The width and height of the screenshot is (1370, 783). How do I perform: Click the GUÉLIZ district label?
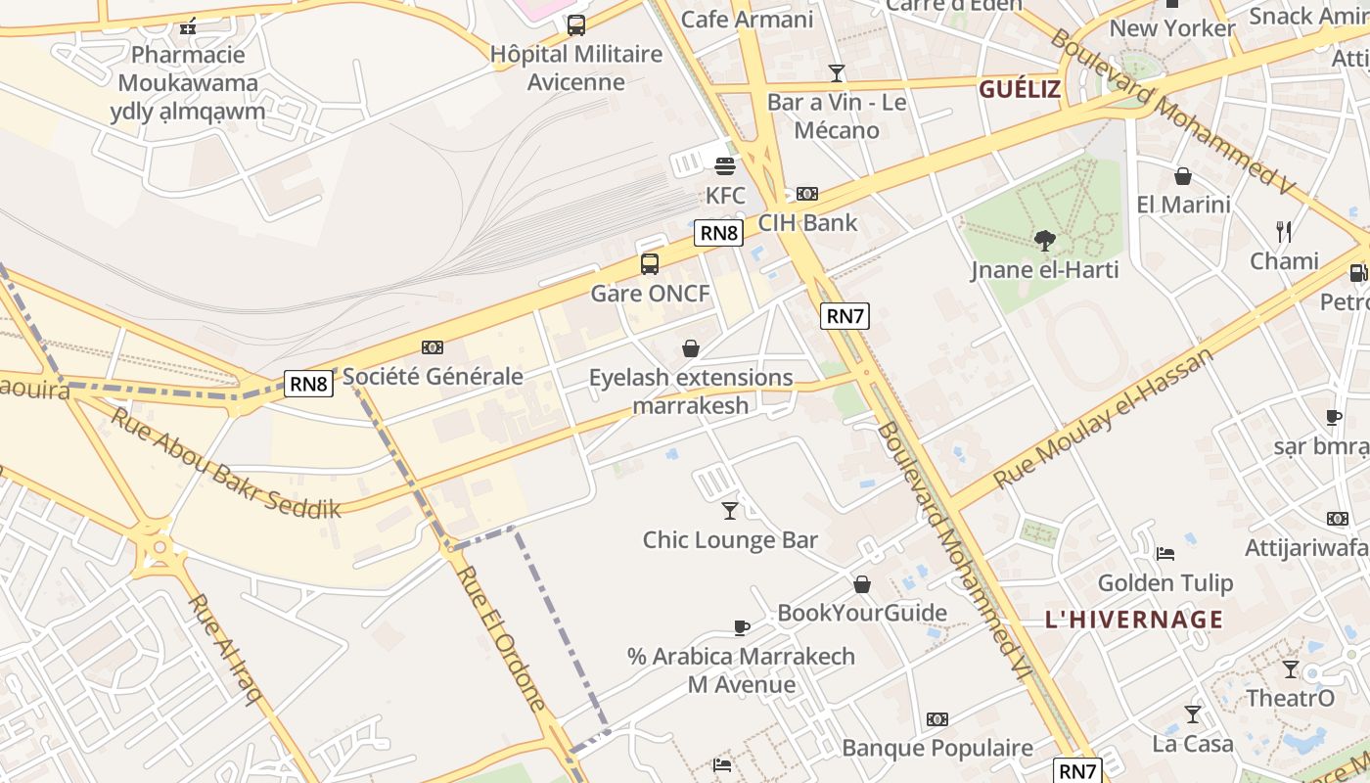point(1020,90)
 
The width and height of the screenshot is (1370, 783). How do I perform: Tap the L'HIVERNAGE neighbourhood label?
point(1134,620)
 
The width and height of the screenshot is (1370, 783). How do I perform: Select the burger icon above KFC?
point(725,165)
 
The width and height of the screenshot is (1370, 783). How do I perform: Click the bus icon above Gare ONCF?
point(650,263)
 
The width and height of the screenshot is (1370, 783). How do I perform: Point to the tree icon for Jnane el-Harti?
point(1044,240)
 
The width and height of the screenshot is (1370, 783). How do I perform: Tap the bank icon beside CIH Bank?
point(807,194)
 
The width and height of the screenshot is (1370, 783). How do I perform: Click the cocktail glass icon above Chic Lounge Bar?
point(730,510)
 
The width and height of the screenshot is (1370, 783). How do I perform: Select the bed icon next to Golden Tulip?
point(1164,553)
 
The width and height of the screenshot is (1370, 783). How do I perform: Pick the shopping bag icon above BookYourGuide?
point(862,584)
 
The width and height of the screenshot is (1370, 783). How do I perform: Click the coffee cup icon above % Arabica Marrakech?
point(742,627)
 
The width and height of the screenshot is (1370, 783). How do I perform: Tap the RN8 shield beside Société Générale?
point(308,384)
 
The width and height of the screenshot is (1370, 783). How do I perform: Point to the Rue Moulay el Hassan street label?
point(1103,417)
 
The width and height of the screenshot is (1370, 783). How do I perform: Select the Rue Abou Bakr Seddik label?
point(225,462)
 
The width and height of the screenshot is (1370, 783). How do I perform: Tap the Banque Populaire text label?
point(936,749)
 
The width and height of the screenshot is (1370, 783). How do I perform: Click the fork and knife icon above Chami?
point(1284,232)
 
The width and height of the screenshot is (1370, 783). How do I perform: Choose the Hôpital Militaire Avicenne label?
point(576,68)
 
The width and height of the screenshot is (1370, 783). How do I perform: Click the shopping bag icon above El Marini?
point(1182,176)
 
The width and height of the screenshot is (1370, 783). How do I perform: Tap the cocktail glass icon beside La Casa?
point(1192,714)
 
